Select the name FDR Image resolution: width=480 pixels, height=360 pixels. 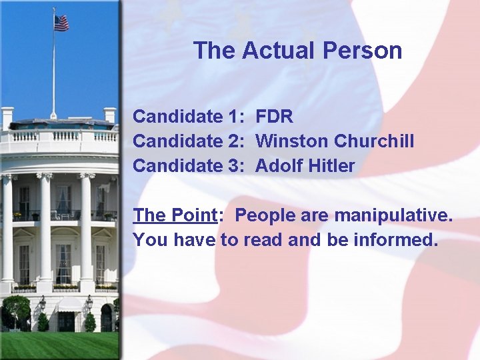[x=274, y=117]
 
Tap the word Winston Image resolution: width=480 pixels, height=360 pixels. [x=291, y=141]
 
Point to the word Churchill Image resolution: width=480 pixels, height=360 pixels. [x=374, y=141]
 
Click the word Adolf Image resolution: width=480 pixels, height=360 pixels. [x=279, y=166]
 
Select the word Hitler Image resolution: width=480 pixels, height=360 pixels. [x=331, y=166]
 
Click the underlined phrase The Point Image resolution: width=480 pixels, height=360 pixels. [x=175, y=215]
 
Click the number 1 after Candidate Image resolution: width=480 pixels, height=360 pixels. [x=234, y=117]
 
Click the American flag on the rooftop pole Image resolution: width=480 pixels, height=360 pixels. [x=61, y=23]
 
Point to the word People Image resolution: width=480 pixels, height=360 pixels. [x=264, y=215]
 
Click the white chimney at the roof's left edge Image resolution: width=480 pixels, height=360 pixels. [x=7, y=119]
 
